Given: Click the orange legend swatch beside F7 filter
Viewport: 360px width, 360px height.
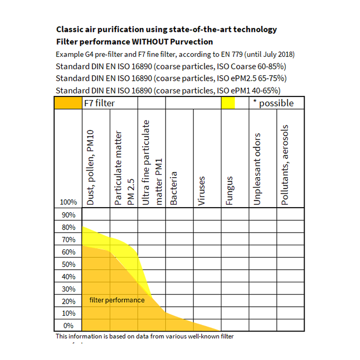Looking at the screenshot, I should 68,103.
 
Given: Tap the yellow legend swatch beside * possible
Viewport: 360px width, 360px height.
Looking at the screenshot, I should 228,103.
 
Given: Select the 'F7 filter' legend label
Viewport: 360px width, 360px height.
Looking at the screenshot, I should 100,103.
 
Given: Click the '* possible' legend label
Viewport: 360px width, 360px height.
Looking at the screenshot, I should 273,103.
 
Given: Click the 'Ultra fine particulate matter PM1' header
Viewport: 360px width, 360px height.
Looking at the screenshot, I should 152,162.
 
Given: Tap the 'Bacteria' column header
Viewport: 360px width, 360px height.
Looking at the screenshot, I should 174,188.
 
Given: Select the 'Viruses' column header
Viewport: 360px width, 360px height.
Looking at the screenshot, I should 202,190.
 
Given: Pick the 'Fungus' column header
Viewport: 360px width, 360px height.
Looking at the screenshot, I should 230,190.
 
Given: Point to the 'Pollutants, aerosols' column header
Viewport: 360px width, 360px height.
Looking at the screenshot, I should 285,165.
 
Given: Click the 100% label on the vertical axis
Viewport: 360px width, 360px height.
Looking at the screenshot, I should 68,202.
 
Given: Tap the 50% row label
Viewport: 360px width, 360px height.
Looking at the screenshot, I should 68,264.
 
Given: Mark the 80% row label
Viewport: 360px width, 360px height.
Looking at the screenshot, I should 68,227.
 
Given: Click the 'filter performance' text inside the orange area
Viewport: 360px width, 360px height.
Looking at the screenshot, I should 117,300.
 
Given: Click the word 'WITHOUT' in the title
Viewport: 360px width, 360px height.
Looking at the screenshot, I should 155,41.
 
